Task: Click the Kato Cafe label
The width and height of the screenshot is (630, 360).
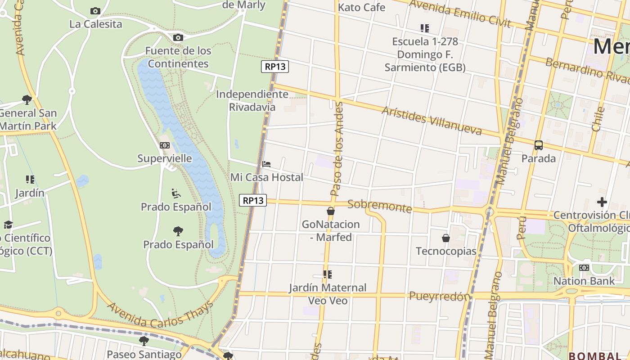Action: tap(361, 7)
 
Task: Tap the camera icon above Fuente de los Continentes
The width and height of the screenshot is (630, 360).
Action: tap(178, 37)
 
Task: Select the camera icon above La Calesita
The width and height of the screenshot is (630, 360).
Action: tap(95, 11)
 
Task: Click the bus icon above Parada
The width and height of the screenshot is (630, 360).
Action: tap(539, 145)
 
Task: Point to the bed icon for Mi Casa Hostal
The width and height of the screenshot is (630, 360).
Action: tap(266, 164)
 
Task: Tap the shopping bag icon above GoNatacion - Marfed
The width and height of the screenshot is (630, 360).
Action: tap(331, 211)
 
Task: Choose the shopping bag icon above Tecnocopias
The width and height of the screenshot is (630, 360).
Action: tap(446, 238)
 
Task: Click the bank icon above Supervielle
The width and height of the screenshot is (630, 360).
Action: tap(165, 145)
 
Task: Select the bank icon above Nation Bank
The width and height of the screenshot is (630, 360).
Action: tap(584, 268)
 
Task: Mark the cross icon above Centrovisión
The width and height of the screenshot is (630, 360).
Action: tap(602, 202)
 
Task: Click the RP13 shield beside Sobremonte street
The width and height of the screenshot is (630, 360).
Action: tap(253, 200)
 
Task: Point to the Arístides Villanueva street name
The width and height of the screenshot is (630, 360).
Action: tap(431, 121)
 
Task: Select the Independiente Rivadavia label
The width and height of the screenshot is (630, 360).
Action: tap(252, 100)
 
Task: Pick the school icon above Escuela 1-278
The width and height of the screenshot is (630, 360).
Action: tap(425, 28)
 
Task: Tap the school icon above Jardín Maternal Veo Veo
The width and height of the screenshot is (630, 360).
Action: tap(328, 274)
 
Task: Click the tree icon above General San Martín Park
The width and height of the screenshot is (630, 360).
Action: tap(27, 99)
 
